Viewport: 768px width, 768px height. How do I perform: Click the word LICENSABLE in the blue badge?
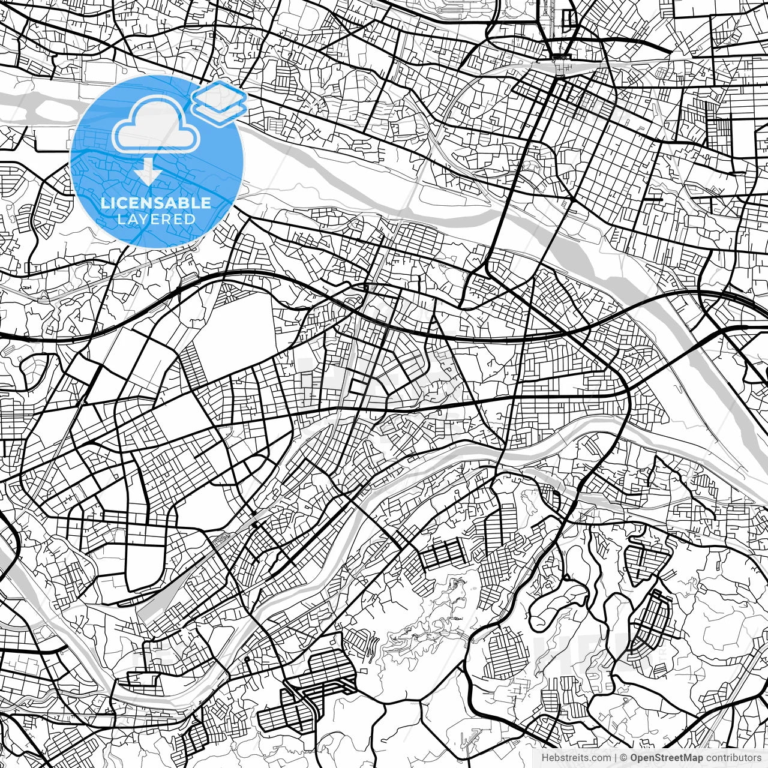tap(156, 203)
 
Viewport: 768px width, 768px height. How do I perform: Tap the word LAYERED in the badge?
tap(156, 219)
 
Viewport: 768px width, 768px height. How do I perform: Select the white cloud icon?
tap(156, 125)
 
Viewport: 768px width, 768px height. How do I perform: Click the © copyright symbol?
tap(624, 758)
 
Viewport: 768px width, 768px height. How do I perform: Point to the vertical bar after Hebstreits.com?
tap(616, 758)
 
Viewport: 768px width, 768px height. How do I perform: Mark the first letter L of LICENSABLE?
tap(104, 203)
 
